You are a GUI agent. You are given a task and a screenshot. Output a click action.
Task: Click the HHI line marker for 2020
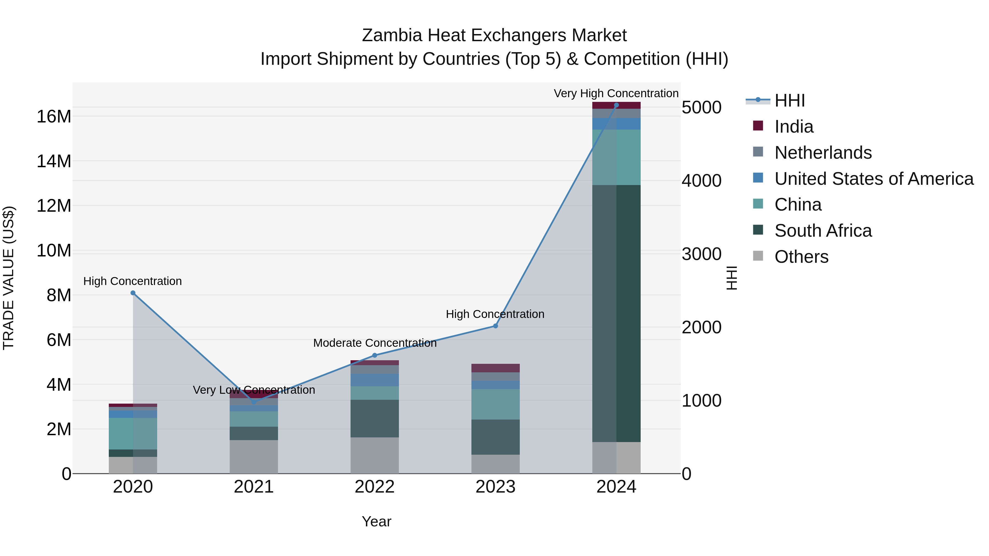click(x=133, y=293)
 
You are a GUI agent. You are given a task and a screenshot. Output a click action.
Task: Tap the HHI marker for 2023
click(x=495, y=326)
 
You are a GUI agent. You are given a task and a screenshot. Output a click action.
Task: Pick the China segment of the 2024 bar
click(x=616, y=157)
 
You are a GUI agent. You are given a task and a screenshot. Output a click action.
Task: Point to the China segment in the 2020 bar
click(x=133, y=433)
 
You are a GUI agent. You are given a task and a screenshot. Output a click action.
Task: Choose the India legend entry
click(x=794, y=127)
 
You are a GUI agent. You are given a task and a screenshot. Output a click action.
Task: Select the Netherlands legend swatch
click(x=758, y=152)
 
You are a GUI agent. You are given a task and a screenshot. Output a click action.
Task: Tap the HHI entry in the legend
click(x=789, y=100)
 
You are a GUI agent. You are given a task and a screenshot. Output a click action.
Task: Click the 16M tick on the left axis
click(x=54, y=116)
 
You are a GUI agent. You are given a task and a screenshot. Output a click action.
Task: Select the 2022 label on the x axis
click(x=374, y=487)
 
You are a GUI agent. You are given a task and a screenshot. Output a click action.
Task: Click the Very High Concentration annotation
click(x=616, y=93)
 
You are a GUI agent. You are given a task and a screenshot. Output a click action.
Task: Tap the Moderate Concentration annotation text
click(x=375, y=343)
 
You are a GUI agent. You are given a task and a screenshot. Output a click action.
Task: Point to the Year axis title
click(x=376, y=521)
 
